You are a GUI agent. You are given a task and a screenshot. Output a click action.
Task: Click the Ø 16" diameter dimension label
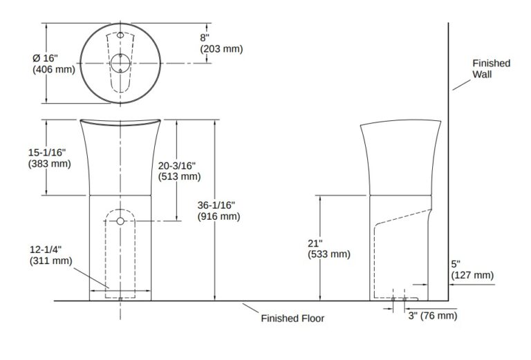[54, 64]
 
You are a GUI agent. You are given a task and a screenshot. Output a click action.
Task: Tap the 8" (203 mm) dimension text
[221, 43]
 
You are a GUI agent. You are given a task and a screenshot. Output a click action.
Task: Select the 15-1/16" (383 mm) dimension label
[50, 158]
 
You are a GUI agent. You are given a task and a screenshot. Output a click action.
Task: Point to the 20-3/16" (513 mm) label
[179, 171]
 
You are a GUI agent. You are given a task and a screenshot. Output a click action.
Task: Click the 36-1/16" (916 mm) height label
[218, 211]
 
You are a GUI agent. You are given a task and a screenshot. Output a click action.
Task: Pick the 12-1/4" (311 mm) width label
[50, 255]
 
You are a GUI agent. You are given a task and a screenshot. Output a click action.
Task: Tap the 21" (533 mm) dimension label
[329, 249]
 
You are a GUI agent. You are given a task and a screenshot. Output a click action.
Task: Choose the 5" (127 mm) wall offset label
[472, 269]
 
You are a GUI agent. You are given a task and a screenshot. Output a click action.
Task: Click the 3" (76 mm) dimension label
[433, 316]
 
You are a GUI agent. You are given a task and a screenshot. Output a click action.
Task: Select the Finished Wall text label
[491, 68]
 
